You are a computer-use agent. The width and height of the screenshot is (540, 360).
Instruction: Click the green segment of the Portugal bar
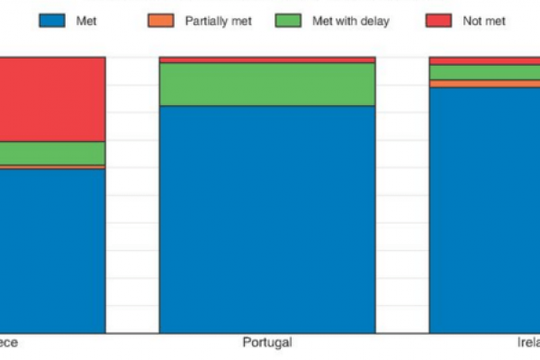coord(267,85)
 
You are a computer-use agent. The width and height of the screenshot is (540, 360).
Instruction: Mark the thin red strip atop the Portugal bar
coord(267,60)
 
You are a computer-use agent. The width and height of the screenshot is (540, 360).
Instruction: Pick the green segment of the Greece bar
coord(52,153)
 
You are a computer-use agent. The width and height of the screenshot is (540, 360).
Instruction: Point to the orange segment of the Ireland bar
coord(484,84)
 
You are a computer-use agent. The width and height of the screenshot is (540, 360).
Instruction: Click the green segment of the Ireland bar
coord(484,72)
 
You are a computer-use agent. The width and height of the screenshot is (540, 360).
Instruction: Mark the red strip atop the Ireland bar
coord(484,61)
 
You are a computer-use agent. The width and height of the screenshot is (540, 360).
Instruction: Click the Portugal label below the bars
coord(267,343)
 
